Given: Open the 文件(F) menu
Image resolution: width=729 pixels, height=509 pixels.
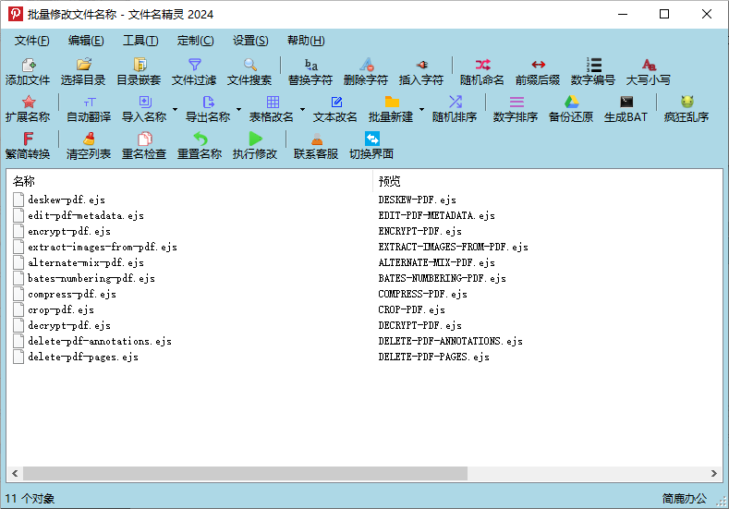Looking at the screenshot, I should coord(32,41).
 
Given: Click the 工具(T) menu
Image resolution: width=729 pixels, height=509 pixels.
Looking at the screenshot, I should coord(140,41).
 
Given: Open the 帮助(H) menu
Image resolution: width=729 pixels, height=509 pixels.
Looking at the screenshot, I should coord(306,41).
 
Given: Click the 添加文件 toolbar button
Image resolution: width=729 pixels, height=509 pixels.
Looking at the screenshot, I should coord(28,71).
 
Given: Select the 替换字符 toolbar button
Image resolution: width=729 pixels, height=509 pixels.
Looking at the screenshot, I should coord(310,71).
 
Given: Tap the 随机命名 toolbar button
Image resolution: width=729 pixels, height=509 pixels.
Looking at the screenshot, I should coord(482,71).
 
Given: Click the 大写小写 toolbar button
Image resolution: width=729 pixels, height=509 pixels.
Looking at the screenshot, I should coord(649,71).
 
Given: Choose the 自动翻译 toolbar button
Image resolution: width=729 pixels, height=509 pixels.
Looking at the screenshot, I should coord(89,108).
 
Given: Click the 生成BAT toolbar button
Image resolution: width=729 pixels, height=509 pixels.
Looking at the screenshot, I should coord(626,108).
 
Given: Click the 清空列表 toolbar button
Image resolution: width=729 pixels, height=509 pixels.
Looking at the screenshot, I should coord(89,145).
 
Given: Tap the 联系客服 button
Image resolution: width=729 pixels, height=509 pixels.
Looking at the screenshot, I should coord(316,145).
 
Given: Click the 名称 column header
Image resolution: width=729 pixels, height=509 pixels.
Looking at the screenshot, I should coord(24,181).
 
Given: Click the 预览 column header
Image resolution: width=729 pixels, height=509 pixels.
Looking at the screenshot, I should coord(390,181).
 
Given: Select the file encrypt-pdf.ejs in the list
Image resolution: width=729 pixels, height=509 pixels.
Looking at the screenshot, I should coord(68,231).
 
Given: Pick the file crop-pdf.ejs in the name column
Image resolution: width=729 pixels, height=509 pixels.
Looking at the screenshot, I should coord(60,309).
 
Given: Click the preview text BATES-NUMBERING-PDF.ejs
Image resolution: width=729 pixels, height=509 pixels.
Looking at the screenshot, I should coord(442,278).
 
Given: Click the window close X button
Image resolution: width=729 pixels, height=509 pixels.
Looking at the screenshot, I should coord(706,14).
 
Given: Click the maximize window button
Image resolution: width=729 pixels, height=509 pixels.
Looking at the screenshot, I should coord(663,14).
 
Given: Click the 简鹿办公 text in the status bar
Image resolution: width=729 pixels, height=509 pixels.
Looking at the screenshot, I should coord(684,499).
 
